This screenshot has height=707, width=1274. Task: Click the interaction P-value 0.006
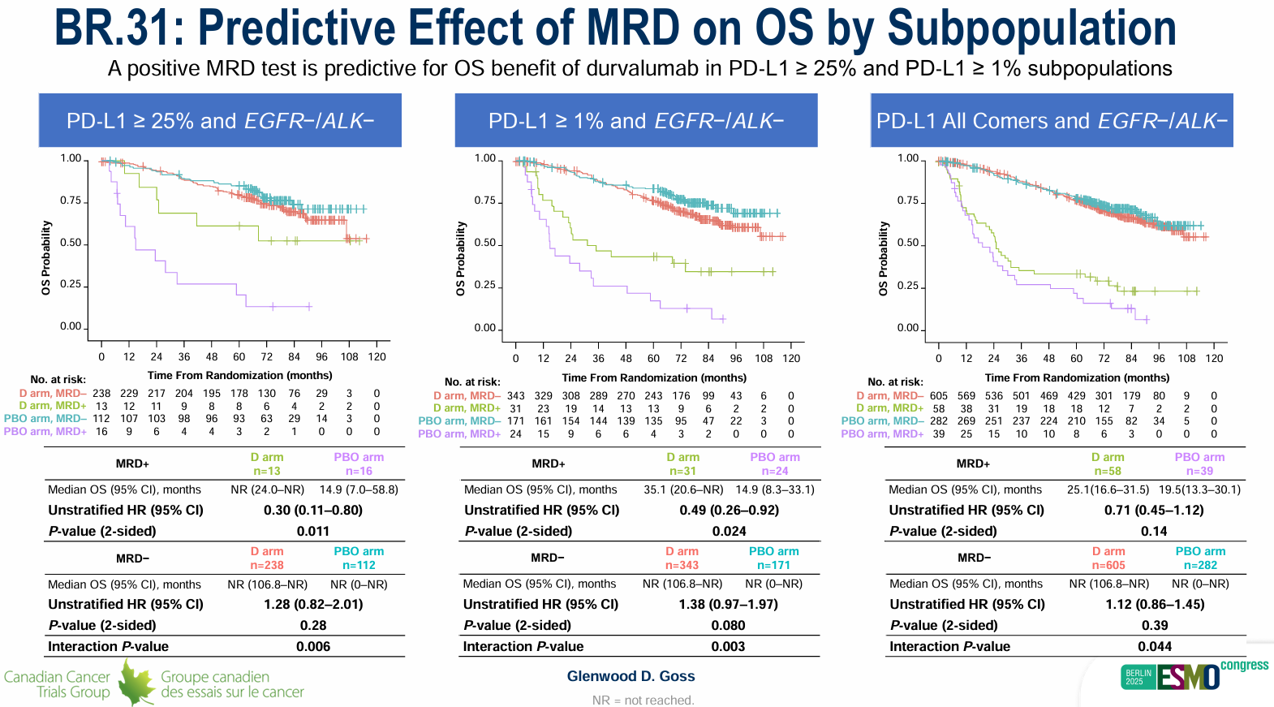313,647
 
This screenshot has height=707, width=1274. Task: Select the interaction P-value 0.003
729,647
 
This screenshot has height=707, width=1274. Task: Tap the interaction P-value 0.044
1155,647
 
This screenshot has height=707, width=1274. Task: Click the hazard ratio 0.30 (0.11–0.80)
313,511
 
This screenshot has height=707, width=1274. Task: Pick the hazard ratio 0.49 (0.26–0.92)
730,511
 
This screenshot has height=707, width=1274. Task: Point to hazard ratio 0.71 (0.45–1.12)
1154,511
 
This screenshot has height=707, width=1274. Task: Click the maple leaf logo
136,683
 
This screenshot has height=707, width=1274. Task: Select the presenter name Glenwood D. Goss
631,676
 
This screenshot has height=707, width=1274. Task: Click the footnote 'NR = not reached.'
643,701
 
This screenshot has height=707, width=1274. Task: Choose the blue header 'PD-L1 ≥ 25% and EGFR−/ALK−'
220,121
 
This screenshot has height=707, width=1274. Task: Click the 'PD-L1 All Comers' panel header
1052,121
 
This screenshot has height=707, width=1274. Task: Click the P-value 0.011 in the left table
313,532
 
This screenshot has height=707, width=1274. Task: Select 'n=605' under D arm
1108,566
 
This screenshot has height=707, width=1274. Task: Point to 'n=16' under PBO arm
359,472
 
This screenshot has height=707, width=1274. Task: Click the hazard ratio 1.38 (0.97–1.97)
729,605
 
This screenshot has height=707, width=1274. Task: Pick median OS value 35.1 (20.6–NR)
683,489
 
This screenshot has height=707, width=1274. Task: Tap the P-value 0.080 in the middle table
729,626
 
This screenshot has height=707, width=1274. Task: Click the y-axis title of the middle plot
461,258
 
